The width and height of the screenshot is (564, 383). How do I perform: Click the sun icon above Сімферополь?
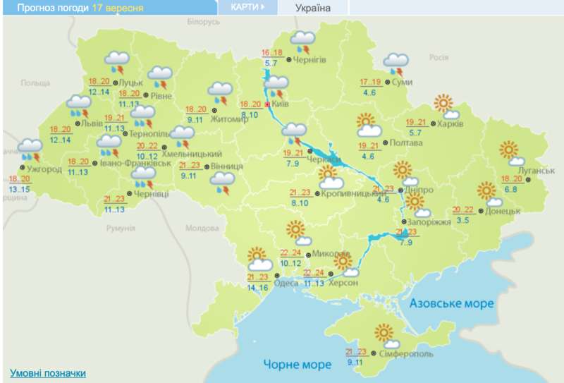click(x=385, y=332)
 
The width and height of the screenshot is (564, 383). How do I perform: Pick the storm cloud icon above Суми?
click(x=396, y=63)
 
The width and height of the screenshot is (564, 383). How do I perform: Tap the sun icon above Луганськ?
click(x=508, y=151)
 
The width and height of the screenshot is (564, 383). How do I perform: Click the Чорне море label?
click(x=297, y=364)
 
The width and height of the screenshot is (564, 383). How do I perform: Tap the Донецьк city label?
click(x=503, y=211)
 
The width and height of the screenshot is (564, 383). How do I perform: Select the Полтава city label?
click(x=406, y=143)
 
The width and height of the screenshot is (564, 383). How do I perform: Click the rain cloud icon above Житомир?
click(x=221, y=92)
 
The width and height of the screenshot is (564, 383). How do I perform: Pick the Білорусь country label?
click(x=204, y=22)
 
